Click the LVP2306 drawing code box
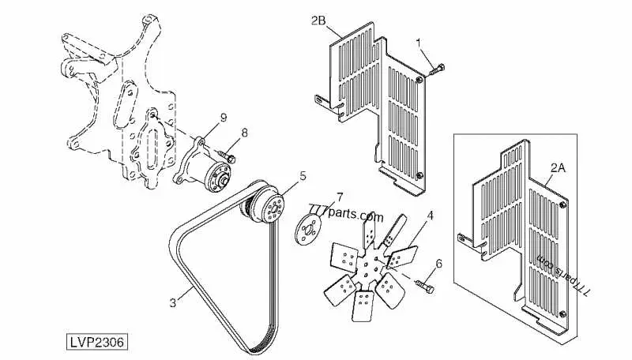(x=96, y=343)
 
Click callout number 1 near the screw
(x=419, y=43)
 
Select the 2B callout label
(x=318, y=21)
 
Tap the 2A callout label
(x=558, y=168)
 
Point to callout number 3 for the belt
(x=173, y=302)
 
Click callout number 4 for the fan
(x=430, y=216)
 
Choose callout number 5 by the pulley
(x=303, y=176)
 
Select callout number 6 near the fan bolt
(x=439, y=264)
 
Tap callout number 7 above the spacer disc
(x=340, y=197)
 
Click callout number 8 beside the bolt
(x=244, y=133)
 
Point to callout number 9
(x=223, y=118)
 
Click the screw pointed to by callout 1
(x=436, y=70)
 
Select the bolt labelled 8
(x=227, y=156)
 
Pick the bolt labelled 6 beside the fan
(x=424, y=287)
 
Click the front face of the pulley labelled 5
(x=273, y=208)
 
